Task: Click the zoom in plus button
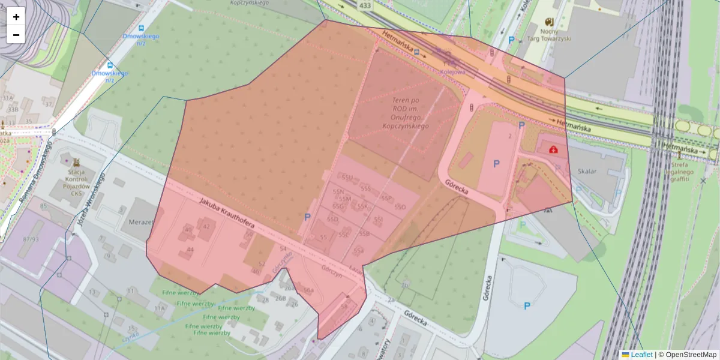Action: (x=16, y=17)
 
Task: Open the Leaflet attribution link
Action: (x=641, y=355)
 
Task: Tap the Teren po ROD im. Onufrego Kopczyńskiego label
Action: (x=406, y=113)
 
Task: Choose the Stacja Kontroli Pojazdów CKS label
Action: (x=76, y=182)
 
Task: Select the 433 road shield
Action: (x=364, y=5)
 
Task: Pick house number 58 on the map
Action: (x=344, y=306)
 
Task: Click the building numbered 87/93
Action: (x=29, y=239)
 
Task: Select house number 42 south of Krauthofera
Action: (x=207, y=226)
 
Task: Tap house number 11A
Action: (x=159, y=308)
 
